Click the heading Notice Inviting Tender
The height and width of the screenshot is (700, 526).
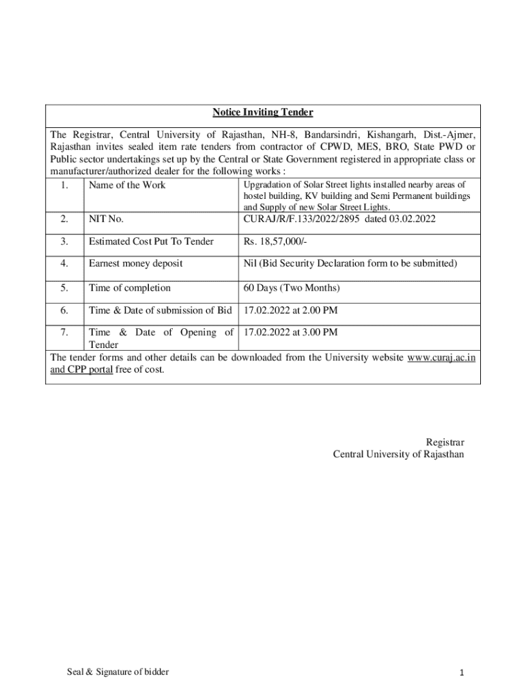point(262,112)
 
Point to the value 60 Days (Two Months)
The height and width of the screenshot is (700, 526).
point(292,288)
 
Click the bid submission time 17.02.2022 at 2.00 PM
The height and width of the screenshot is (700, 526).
point(290,311)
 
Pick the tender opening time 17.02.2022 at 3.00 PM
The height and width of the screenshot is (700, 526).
point(290,333)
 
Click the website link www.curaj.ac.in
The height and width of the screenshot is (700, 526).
point(441,358)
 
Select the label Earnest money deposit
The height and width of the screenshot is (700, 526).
point(135,264)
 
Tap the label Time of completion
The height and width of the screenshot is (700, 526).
point(130,288)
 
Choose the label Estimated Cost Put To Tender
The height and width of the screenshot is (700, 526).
point(151,241)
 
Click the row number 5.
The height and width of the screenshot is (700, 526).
point(64,288)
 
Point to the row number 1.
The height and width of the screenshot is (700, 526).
point(64,185)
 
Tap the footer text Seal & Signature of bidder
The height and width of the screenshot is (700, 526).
point(117,672)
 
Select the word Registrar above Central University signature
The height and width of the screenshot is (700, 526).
point(445,442)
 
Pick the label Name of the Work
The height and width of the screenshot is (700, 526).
point(127,185)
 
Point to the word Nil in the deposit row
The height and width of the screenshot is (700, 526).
point(250,264)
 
